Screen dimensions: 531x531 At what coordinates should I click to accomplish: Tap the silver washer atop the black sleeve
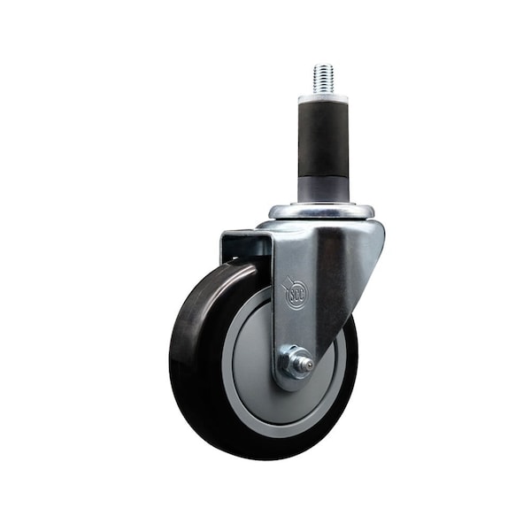point(322,98)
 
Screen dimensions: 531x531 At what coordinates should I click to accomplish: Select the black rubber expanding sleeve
point(322,137)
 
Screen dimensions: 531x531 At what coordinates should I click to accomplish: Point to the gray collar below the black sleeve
point(322,189)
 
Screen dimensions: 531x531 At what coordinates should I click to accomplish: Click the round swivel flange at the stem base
point(321,212)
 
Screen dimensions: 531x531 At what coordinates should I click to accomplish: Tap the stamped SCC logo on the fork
point(295,293)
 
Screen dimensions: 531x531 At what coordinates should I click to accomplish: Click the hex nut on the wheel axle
point(293,360)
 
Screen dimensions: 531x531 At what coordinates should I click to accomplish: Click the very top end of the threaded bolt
point(321,65)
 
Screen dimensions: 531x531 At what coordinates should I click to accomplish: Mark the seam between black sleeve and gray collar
point(322,176)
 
